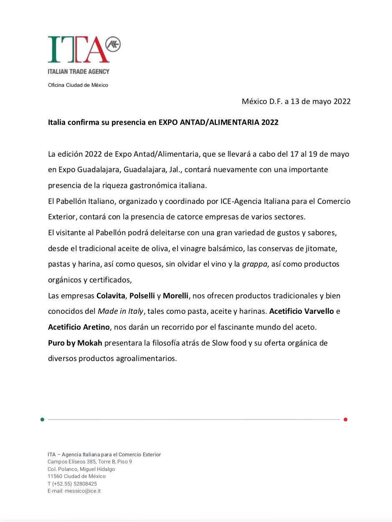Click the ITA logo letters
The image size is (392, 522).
point(75,49)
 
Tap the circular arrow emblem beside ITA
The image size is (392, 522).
point(112,43)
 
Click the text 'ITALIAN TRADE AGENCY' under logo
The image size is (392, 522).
point(78,71)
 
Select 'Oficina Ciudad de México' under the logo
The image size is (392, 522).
point(78,85)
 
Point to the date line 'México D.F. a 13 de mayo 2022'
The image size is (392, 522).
point(296,102)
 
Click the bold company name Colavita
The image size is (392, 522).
point(111,296)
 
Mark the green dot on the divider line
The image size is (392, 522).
point(42,419)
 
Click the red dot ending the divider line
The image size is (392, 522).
point(346,419)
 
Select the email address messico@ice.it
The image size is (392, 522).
point(82,491)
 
